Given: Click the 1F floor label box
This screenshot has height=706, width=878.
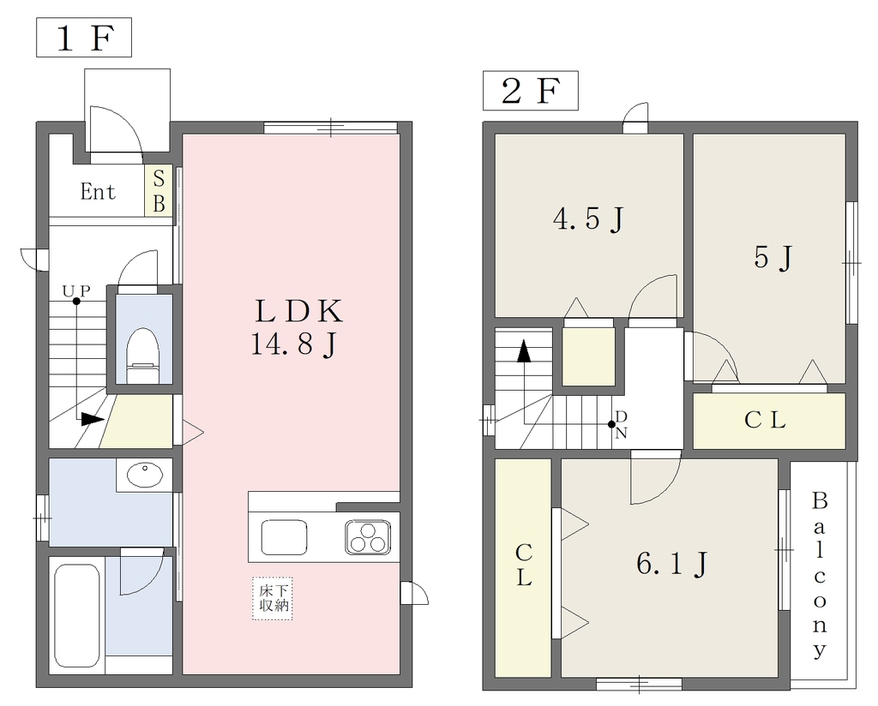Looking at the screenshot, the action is (84, 38).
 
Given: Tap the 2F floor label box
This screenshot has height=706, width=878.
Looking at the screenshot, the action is (530, 91).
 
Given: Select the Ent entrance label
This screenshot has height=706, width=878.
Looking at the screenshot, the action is (98, 192).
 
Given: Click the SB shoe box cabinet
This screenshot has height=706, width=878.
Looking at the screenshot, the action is (159, 190).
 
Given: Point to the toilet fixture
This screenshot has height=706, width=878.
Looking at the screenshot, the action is (142, 356).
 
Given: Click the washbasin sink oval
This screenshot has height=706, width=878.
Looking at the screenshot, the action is (145, 475).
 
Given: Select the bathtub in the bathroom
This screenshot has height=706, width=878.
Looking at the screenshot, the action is (77, 613).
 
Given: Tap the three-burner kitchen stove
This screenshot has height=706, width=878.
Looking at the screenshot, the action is (367, 537).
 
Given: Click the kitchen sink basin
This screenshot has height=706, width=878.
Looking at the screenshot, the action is (284, 537).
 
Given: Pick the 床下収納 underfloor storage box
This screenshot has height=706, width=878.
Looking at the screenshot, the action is (273, 598).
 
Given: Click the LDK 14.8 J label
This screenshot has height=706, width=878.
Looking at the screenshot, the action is (297, 327).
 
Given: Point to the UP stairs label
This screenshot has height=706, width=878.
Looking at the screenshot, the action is (76, 291).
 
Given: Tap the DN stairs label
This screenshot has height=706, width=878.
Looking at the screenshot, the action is (621, 425).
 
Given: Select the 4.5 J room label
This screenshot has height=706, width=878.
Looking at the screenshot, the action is (588, 218).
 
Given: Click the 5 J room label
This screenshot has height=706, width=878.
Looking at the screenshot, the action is (773, 257).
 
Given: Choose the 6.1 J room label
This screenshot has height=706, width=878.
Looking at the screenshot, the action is (671, 564).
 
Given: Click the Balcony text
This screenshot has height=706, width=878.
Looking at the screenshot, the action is (820, 576).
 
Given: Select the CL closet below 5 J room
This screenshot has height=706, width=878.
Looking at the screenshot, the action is (769, 421).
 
